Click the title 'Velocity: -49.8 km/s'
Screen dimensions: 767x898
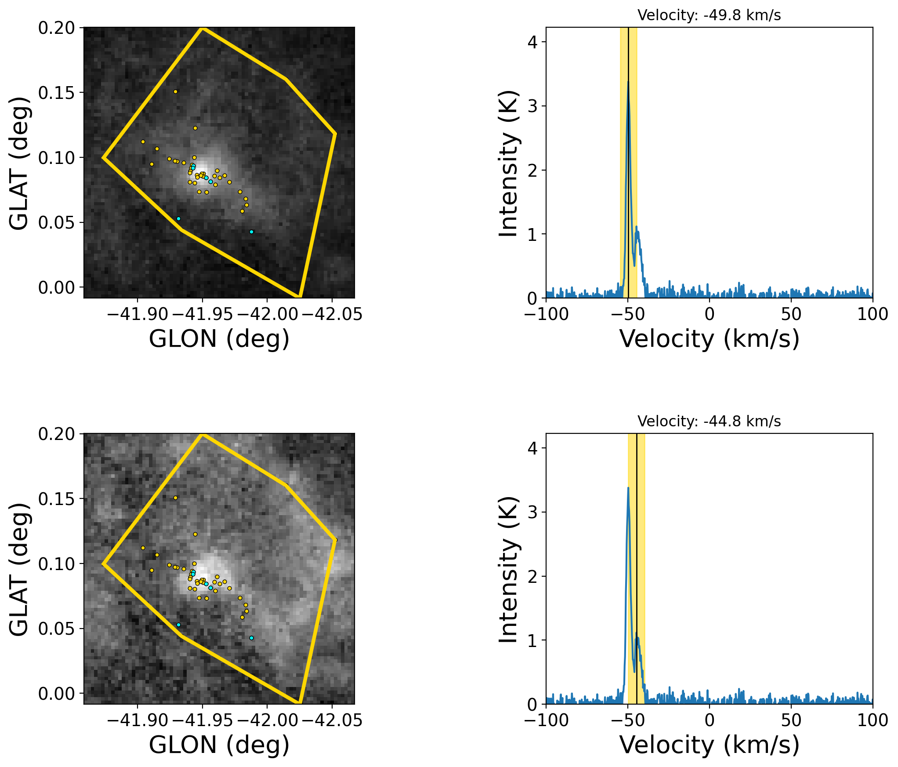[x=709, y=15]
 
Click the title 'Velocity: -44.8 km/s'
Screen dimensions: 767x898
[x=709, y=422]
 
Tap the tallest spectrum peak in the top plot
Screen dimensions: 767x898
[x=628, y=82]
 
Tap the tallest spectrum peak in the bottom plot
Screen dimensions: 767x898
[x=628, y=488]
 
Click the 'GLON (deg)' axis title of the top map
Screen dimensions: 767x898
[x=219, y=339]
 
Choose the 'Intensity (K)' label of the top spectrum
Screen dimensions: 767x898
[x=508, y=164]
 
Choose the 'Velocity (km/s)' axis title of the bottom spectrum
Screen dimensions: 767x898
[x=709, y=745]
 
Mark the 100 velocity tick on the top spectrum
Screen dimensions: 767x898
[x=873, y=314]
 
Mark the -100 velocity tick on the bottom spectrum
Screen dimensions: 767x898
[x=546, y=720]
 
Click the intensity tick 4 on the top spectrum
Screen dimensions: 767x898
[x=532, y=42]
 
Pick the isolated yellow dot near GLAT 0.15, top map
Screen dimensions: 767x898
[x=175, y=92]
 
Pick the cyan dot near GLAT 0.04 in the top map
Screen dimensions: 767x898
[x=251, y=232]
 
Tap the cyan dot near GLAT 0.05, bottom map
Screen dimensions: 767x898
[x=178, y=625]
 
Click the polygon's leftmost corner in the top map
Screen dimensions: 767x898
[x=103, y=157]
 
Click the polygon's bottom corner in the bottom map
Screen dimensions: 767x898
[x=299, y=702]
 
